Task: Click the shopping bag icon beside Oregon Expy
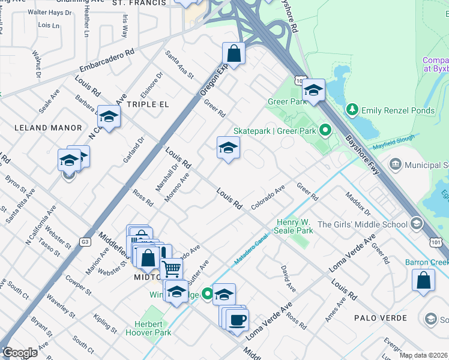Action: [x=234, y=53]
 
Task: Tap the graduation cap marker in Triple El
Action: [x=109, y=116]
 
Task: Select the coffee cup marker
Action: [x=237, y=319]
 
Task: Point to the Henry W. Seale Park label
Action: [x=294, y=226]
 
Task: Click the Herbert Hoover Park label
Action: [x=148, y=328]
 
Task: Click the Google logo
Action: [x=20, y=353]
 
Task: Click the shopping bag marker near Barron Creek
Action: [x=424, y=280]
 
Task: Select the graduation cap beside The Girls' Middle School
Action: [x=415, y=224]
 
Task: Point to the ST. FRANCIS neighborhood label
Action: [x=139, y=3]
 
